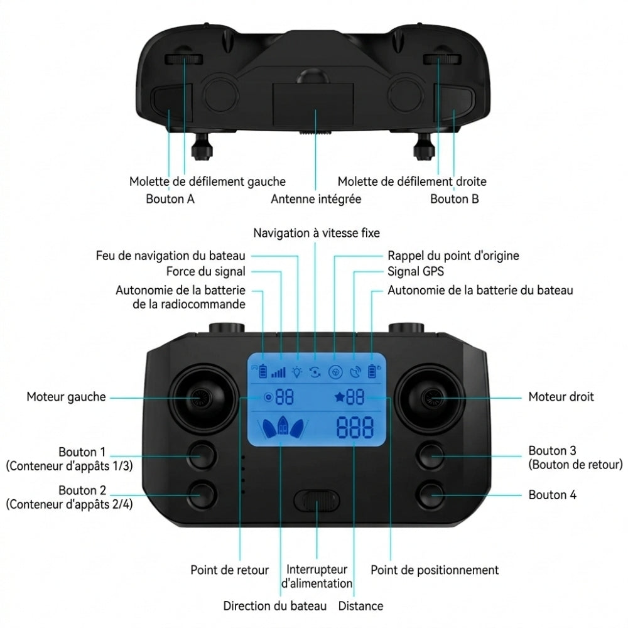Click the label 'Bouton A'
pyautogui.click(x=170, y=199)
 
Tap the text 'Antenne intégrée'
pyautogui.click(x=316, y=199)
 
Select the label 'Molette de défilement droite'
pyautogui.click(x=412, y=181)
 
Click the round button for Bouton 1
pyautogui.click(x=202, y=456)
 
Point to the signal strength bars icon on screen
pyautogui.click(x=278, y=372)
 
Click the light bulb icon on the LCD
pyautogui.click(x=296, y=372)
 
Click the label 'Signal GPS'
pyautogui.click(x=415, y=272)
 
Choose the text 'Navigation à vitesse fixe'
pyautogui.click(x=317, y=233)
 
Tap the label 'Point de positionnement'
pyautogui.click(x=435, y=570)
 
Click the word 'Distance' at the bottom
pyautogui.click(x=360, y=606)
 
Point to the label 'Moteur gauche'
pyautogui.click(x=66, y=397)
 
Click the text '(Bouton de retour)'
pyautogui.click(x=575, y=465)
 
